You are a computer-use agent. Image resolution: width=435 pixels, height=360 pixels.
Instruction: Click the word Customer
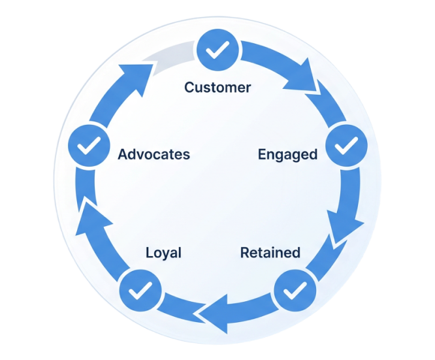[x=217, y=87]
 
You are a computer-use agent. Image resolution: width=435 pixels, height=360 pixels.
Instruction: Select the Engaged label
[x=287, y=154]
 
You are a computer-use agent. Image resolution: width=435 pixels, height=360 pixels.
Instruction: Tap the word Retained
[x=270, y=252]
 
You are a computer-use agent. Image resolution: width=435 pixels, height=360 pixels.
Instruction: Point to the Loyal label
[x=163, y=253]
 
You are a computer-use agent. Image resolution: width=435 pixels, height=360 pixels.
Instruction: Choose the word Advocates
[x=153, y=155]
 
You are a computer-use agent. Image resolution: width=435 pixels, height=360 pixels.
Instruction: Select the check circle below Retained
[x=295, y=289]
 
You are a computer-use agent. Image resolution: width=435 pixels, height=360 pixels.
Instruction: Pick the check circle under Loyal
[x=138, y=289]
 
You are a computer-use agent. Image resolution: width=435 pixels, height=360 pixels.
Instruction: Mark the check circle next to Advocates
[x=88, y=145]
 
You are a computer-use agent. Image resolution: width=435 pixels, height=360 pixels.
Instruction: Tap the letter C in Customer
[x=189, y=87]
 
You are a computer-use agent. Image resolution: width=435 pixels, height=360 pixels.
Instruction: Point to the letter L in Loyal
[x=148, y=253]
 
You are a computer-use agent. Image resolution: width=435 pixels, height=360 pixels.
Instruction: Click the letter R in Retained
[x=244, y=252]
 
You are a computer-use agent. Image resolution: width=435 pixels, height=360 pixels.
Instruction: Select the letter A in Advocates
[x=122, y=155]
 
